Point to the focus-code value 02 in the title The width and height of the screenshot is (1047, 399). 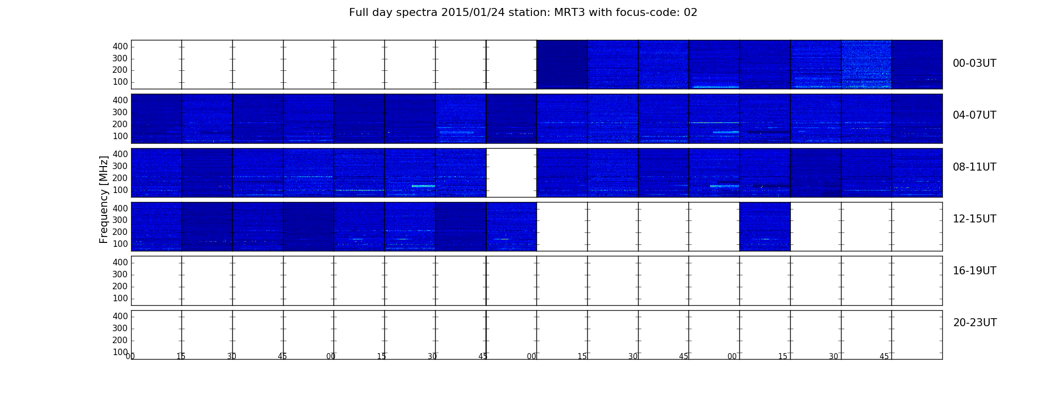[x=691, y=12]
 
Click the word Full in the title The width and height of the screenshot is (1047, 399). [x=358, y=12]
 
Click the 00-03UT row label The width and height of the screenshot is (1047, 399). [x=974, y=63]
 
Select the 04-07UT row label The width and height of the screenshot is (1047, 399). [x=974, y=115]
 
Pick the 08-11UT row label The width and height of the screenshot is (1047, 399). [x=974, y=167]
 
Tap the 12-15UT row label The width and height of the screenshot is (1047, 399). [x=974, y=219]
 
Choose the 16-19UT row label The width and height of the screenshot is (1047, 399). [x=974, y=271]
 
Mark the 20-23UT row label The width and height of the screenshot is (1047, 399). [x=975, y=323]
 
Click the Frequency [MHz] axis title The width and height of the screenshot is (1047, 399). [x=104, y=199]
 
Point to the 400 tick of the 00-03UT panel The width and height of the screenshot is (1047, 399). [x=120, y=46]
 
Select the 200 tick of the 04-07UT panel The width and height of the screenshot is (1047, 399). [x=120, y=124]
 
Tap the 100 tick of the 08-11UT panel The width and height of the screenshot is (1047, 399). [x=120, y=190]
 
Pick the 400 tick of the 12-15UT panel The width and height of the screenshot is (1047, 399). [x=120, y=208]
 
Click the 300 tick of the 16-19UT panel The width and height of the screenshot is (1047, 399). [x=120, y=274]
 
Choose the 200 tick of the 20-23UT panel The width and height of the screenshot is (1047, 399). [x=120, y=340]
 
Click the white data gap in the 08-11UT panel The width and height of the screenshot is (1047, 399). [x=512, y=173]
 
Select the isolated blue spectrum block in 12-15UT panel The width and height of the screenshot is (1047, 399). [x=765, y=226]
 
